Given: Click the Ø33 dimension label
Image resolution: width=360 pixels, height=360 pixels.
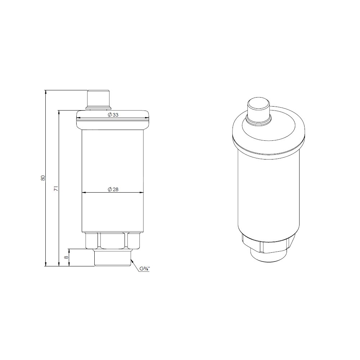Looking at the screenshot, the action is pyautogui.click(x=113, y=115).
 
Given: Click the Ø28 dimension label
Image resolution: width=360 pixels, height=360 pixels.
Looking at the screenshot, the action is pyautogui.click(x=113, y=189).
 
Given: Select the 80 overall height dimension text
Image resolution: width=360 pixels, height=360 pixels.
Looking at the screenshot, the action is pyautogui.click(x=42, y=178).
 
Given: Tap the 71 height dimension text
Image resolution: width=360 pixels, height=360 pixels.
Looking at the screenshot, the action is pyautogui.click(x=55, y=189).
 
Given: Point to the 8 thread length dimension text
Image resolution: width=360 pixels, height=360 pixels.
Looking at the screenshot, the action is pyautogui.click(x=66, y=257).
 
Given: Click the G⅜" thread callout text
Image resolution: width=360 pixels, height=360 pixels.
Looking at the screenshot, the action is pyautogui.click(x=145, y=269).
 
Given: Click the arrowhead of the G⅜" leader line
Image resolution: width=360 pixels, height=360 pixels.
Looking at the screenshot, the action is pyautogui.click(x=132, y=260).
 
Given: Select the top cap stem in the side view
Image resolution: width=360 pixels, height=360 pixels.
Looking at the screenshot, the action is pyautogui.click(x=99, y=100).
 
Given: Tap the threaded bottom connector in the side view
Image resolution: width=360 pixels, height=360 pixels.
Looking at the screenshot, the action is pyautogui.click(x=112, y=257).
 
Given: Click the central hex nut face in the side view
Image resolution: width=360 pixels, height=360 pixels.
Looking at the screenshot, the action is pyautogui.click(x=113, y=240).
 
